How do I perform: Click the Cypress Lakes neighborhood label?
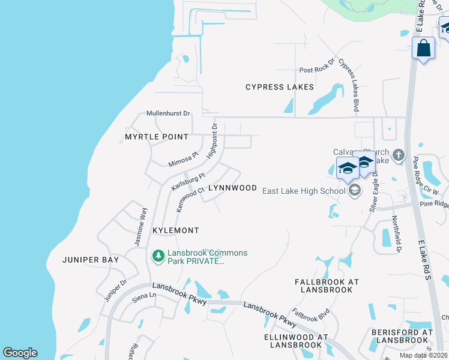point(280,87)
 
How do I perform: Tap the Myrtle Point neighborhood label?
point(157,137)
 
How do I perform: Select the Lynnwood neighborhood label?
point(232,188)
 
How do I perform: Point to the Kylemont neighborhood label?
point(175,230)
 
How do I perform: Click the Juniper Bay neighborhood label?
point(91,260)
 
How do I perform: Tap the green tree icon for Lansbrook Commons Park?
point(158,257)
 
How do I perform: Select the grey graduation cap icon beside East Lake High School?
point(354,191)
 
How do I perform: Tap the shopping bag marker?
point(424,49)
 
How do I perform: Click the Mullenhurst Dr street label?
point(169,113)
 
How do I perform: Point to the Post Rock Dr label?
point(315,70)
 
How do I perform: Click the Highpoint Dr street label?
point(211,141)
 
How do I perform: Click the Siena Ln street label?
point(144,295)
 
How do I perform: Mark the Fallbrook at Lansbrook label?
point(327,286)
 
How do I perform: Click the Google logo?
point(20,353)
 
